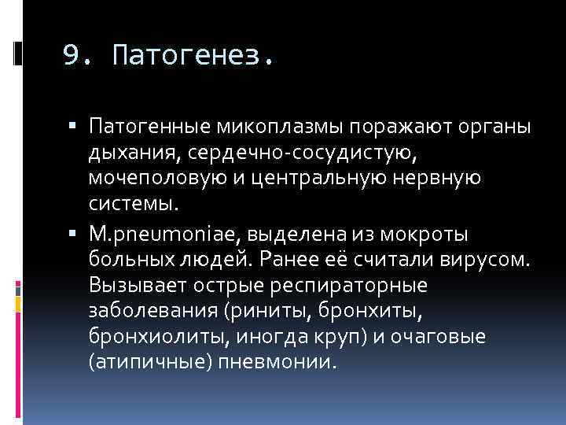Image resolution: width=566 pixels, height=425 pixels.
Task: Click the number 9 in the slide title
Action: point(72,56)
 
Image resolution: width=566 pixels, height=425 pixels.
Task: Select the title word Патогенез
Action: point(193,56)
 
